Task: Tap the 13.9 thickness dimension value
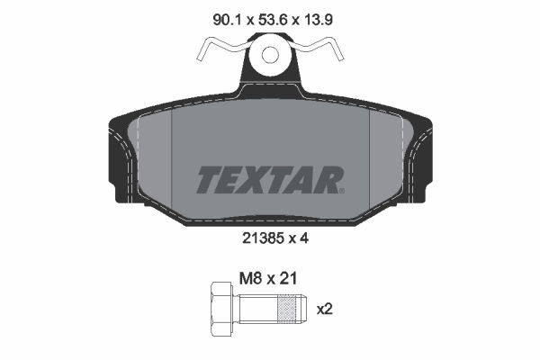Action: pos(318,20)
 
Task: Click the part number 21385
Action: pos(263,238)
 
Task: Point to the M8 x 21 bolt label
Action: pos(268,278)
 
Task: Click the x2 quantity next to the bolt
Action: pos(324,309)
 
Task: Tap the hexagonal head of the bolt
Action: pos(222,309)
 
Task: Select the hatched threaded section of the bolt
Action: pos(286,309)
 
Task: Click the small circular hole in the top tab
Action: pos(270,55)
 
